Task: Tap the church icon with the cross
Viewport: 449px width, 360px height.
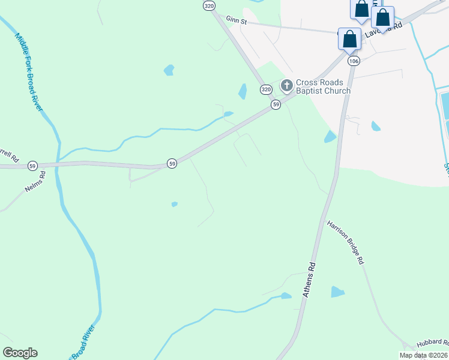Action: [x=286, y=86]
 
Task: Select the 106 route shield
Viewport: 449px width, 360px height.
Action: [x=354, y=61]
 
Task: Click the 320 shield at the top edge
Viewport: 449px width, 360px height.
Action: [x=208, y=5]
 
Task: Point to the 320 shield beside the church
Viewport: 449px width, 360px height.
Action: [x=266, y=89]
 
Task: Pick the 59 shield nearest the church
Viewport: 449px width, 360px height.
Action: [x=276, y=104]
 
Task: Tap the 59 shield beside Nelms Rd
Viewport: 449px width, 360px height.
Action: [x=32, y=166]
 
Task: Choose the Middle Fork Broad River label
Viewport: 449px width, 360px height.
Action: [x=28, y=71]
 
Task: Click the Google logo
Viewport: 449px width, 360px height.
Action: [x=20, y=353]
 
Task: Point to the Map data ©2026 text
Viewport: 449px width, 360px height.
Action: [x=424, y=355]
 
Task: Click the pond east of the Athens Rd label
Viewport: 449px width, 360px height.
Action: [x=338, y=292]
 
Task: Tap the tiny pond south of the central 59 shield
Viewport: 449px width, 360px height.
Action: [x=174, y=205]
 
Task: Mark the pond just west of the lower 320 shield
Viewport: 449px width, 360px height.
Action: [x=243, y=91]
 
